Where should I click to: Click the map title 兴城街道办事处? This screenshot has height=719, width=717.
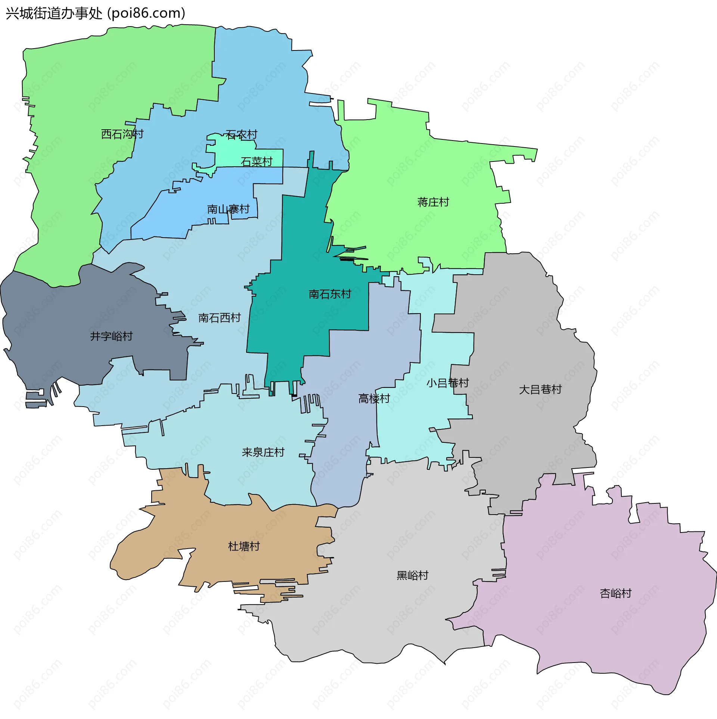tap(54, 13)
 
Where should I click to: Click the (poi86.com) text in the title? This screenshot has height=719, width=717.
tap(146, 13)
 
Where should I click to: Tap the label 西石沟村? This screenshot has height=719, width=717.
tap(122, 134)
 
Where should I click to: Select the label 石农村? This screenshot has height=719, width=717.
tap(241, 135)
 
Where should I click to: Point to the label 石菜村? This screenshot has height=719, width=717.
tap(257, 162)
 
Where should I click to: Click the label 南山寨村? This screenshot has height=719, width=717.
tap(228, 209)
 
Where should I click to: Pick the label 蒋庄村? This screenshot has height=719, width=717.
tap(433, 202)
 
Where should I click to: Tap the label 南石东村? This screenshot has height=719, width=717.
tap(330, 294)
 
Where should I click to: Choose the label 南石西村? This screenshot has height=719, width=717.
tap(219, 318)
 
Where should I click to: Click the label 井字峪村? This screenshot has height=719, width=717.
tap(111, 336)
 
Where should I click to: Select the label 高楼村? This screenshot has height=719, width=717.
tap(374, 399)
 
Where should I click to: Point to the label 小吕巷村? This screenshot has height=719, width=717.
tap(447, 383)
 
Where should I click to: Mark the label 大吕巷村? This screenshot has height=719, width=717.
tap(540, 390)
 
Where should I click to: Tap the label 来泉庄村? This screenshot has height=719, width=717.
tap(263, 453)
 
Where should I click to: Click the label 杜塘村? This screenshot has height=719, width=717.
tap(244, 546)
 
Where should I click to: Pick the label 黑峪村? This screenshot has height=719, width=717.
tap(412, 575)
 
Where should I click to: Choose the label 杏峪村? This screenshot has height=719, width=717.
tap(615, 593)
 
